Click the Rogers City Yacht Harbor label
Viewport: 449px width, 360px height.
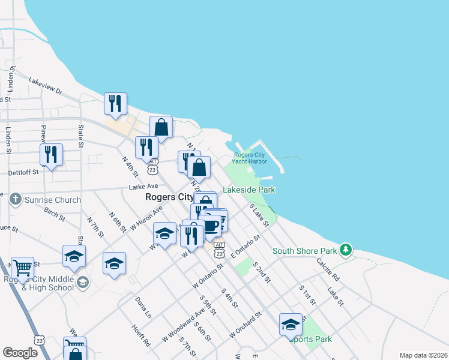coord(250,157)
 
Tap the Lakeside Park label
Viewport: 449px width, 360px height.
coord(249,190)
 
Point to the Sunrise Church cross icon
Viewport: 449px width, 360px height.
coord(16,199)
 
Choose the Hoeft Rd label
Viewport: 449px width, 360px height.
coord(141,335)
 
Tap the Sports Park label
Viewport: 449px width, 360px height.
coord(310,339)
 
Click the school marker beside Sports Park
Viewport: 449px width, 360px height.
coord(291,325)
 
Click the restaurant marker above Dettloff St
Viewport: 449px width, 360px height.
coord(52,154)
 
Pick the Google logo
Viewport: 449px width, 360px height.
coord(20,353)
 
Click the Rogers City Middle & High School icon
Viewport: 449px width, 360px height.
coord(83,281)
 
